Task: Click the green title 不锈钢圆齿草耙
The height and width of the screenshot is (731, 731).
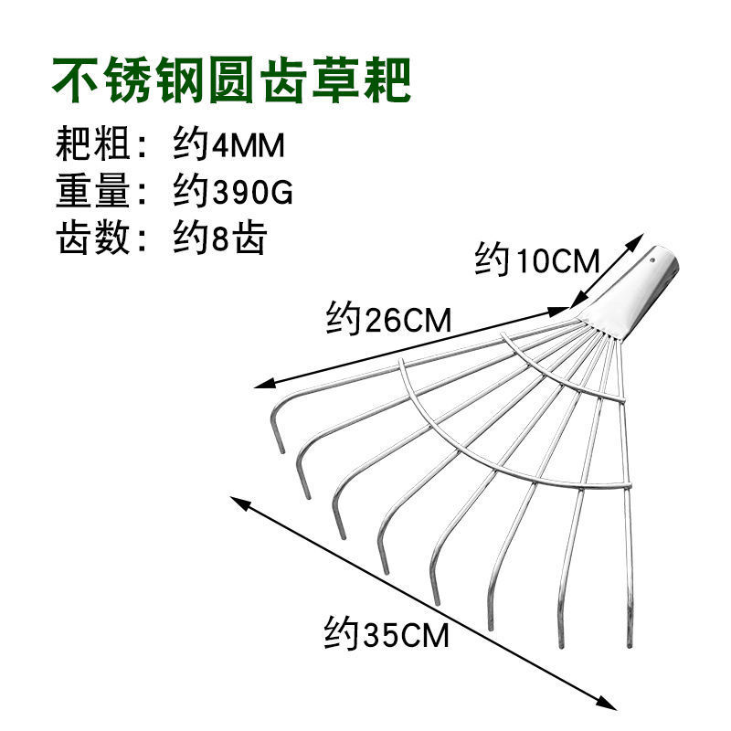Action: tap(232, 82)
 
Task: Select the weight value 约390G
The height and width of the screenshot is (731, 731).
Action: tap(233, 194)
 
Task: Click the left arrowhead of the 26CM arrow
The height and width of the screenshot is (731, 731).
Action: tap(258, 386)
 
